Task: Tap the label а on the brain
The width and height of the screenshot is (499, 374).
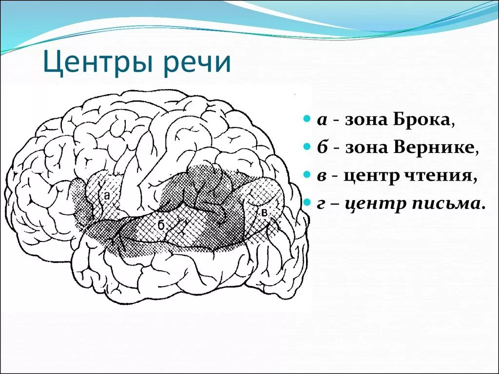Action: pyautogui.click(x=107, y=195)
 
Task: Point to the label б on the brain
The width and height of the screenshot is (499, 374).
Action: pyautogui.click(x=160, y=225)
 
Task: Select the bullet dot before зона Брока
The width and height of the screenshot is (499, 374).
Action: pyautogui.click(x=306, y=119)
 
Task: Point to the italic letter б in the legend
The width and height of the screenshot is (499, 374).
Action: pyautogui.click(x=322, y=147)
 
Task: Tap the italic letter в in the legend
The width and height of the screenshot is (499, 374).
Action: pyautogui.click(x=322, y=176)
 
